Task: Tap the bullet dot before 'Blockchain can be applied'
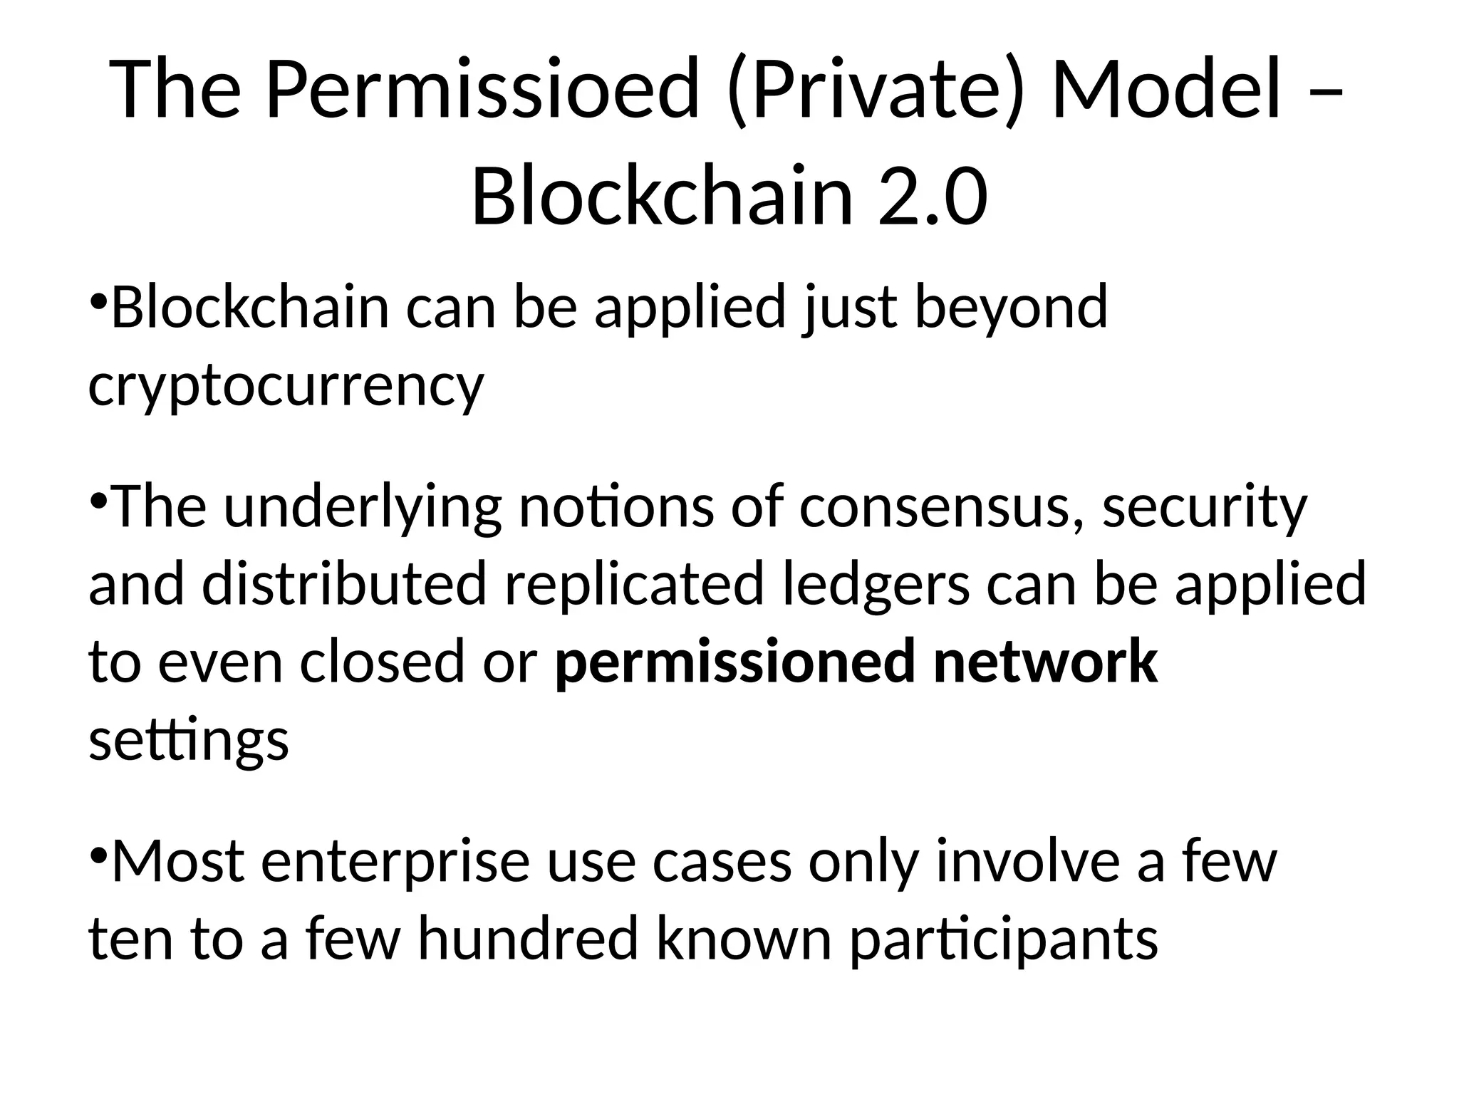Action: (x=99, y=299)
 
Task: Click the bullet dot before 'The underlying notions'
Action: (x=99, y=499)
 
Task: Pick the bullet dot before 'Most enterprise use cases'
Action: (x=99, y=853)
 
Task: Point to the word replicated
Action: (x=634, y=584)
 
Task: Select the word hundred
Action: (x=527, y=939)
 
